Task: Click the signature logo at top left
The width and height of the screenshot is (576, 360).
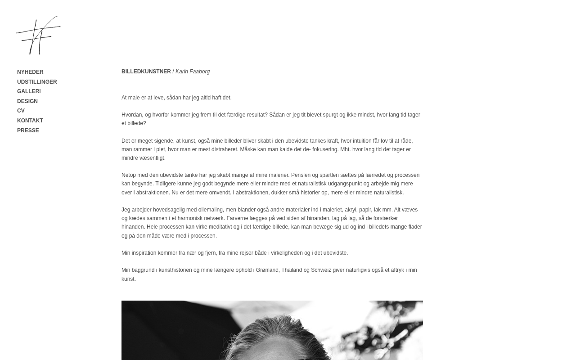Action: (x=38, y=35)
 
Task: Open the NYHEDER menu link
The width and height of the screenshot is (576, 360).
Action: (x=30, y=72)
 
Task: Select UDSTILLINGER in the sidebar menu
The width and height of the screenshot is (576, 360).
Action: (x=37, y=82)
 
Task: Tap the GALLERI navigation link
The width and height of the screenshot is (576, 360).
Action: (x=29, y=91)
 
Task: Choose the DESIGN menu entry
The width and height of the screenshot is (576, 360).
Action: (x=27, y=101)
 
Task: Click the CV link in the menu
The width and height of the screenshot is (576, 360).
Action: (x=21, y=111)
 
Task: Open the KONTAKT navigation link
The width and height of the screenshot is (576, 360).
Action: (x=30, y=121)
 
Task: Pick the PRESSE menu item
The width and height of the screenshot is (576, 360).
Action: (x=28, y=130)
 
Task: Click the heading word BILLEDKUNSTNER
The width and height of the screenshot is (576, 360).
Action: (x=146, y=72)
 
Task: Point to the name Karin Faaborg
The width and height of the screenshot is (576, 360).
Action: (x=193, y=72)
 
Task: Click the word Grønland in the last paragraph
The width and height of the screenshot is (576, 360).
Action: (x=268, y=270)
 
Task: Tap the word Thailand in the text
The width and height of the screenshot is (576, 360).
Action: (x=292, y=270)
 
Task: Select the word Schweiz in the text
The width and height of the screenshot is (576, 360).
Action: (x=321, y=270)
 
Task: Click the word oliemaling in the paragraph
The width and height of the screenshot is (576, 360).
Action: (x=211, y=210)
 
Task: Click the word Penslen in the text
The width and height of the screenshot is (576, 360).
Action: (x=301, y=175)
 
